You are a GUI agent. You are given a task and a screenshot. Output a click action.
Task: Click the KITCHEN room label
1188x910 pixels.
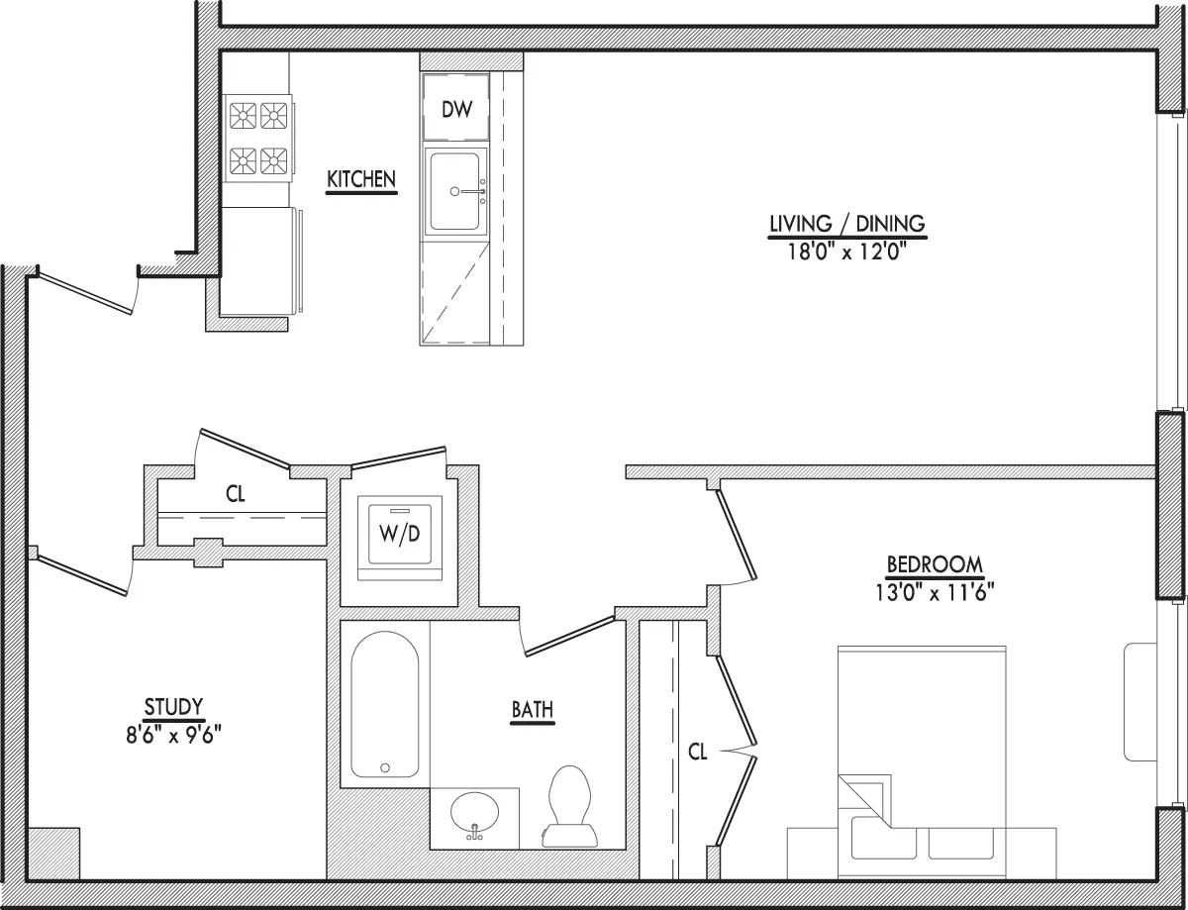point(361,179)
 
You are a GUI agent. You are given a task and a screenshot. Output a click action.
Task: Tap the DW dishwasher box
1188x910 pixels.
point(456,109)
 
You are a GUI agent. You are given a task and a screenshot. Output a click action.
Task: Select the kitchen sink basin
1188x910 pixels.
point(456,190)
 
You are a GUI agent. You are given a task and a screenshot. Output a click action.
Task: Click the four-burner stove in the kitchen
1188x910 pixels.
point(258,138)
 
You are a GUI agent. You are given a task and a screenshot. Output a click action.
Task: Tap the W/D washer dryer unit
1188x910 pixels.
point(400,534)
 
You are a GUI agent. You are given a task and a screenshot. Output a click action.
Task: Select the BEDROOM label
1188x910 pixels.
point(935,564)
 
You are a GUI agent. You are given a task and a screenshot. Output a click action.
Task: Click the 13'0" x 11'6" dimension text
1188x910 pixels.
point(935,592)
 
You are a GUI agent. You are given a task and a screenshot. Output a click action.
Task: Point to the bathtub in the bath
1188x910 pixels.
point(385,705)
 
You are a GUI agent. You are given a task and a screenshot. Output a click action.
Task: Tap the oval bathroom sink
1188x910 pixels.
point(475,814)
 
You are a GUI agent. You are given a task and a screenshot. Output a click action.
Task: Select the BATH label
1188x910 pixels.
point(532,709)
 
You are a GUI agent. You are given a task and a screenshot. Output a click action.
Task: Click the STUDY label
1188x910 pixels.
point(173,706)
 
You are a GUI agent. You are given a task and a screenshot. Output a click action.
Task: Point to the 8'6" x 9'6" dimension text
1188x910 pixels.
point(173,734)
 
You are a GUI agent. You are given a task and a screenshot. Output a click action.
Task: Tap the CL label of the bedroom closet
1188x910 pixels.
point(698,752)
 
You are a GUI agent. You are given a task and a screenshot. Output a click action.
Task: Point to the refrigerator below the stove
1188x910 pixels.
point(258,260)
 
